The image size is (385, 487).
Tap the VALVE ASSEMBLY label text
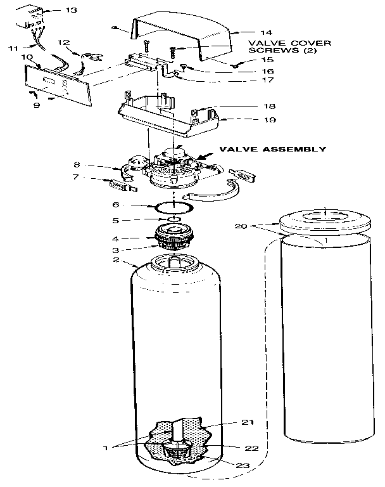click(x=272, y=150)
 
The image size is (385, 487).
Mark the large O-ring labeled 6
click(x=172, y=207)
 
